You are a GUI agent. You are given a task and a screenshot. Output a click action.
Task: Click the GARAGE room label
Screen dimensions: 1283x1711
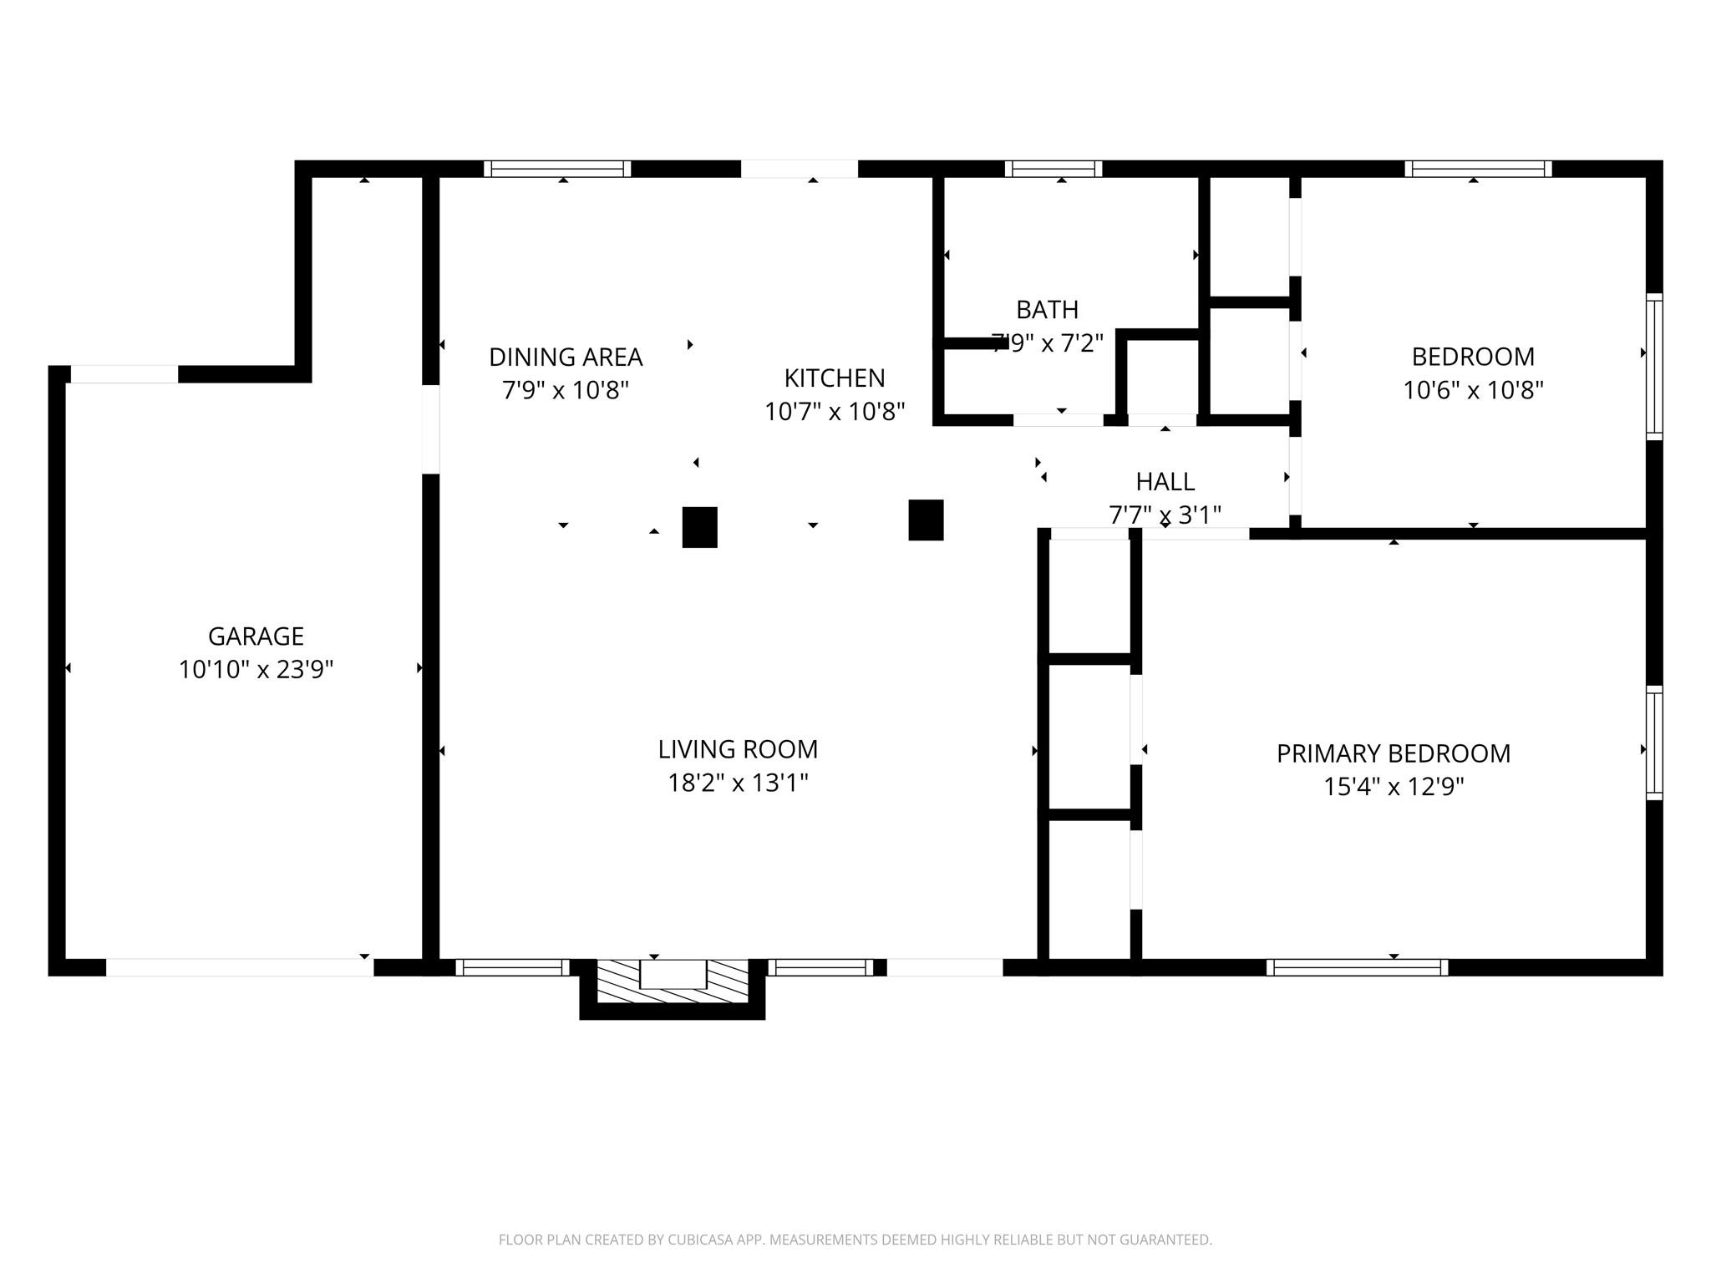[x=256, y=636]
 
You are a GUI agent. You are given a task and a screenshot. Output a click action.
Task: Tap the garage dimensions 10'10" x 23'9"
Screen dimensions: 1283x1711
[x=256, y=670]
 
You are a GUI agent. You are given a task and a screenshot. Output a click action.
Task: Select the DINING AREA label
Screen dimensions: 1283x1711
[x=566, y=358]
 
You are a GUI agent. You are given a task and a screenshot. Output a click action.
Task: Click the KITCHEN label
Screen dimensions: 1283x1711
[x=834, y=378]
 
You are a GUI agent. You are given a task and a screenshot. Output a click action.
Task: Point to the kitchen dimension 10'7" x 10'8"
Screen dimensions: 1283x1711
[x=835, y=412]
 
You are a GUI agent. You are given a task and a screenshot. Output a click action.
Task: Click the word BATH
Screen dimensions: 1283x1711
[x=1047, y=310]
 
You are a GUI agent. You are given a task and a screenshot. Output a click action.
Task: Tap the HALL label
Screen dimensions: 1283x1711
[x=1165, y=482]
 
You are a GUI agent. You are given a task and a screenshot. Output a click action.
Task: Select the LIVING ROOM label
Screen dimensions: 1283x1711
[x=738, y=749]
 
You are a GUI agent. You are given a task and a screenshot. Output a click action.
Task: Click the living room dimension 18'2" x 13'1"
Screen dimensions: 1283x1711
[x=738, y=783]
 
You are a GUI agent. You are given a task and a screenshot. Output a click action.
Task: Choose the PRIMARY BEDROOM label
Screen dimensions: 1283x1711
[x=1393, y=753]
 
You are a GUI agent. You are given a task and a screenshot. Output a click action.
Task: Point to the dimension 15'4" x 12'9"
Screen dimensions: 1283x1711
[x=1393, y=787]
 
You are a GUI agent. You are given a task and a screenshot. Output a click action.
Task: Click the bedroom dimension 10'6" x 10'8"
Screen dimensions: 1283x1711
[x=1473, y=390]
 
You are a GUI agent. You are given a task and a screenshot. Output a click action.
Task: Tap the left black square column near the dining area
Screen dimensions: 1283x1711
[x=699, y=527]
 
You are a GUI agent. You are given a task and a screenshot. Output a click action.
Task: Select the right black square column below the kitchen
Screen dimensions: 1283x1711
[x=926, y=520]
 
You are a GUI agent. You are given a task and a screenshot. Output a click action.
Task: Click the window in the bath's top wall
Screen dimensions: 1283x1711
[x=1053, y=169]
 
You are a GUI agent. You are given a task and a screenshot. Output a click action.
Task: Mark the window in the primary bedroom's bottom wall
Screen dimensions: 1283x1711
[x=1357, y=967]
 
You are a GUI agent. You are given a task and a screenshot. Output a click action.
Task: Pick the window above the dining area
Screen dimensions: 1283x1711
[x=557, y=169]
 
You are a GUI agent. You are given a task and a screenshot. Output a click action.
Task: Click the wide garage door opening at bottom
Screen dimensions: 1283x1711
[x=239, y=967]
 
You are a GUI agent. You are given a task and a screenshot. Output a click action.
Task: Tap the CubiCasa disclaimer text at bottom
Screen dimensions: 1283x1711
[x=855, y=1240]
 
